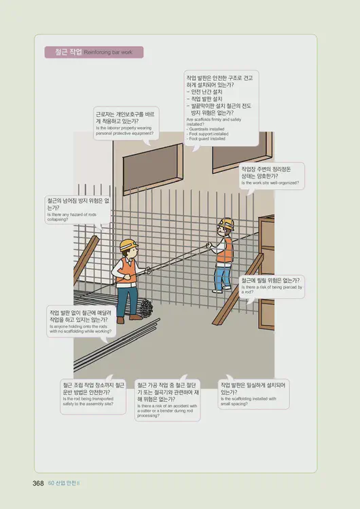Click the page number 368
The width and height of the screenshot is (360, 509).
pyautogui.click(x=38, y=483)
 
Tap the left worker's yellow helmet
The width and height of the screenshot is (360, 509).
pyautogui.click(x=128, y=244)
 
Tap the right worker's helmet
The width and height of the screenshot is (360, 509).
pyautogui.click(x=226, y=223)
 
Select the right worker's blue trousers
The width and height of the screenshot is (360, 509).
pyautogui.click(x=222, y=276)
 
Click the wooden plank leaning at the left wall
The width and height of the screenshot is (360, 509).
pyautogui.click(x=86, y=261)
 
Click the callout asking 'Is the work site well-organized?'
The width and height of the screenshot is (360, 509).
pyautogui.click(x=270, y=176)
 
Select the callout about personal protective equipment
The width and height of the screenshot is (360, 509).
pyautogui.click(x=126, y=122)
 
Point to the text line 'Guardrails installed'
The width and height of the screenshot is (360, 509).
pyautogui.click(x=205, y=129)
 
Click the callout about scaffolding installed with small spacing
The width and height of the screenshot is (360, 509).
pyautogui.click(x=253, y=394)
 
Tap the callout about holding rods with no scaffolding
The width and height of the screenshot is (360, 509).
pyautogui.click(x=80, y=322)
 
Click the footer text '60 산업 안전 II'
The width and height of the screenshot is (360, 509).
pyautogui.click(x=65, y=483)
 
